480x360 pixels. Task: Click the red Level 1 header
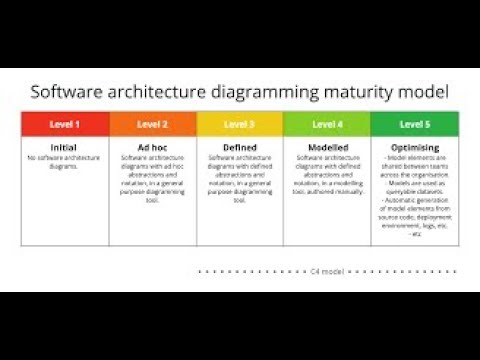point(65,124)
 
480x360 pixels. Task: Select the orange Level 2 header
point(152,124)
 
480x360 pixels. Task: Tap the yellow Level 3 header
point(239,124)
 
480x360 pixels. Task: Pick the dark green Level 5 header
point(414,124)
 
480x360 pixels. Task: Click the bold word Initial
point(64,147)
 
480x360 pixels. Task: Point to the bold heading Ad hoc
point(152,147)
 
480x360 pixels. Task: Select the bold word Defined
point(239,147)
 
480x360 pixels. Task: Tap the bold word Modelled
point(326,147)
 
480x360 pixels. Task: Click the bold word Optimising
point(414,147)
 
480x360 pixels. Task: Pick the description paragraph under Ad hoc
point(152,179)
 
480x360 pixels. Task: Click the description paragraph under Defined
point(239,179)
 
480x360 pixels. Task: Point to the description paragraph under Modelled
point(326,172)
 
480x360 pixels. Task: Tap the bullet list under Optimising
point(414,195)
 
